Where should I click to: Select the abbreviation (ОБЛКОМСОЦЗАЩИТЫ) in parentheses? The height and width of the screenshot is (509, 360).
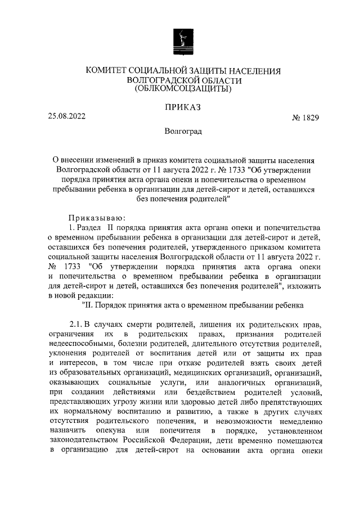(182, 89)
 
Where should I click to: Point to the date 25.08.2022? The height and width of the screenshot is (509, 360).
(67, 117)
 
